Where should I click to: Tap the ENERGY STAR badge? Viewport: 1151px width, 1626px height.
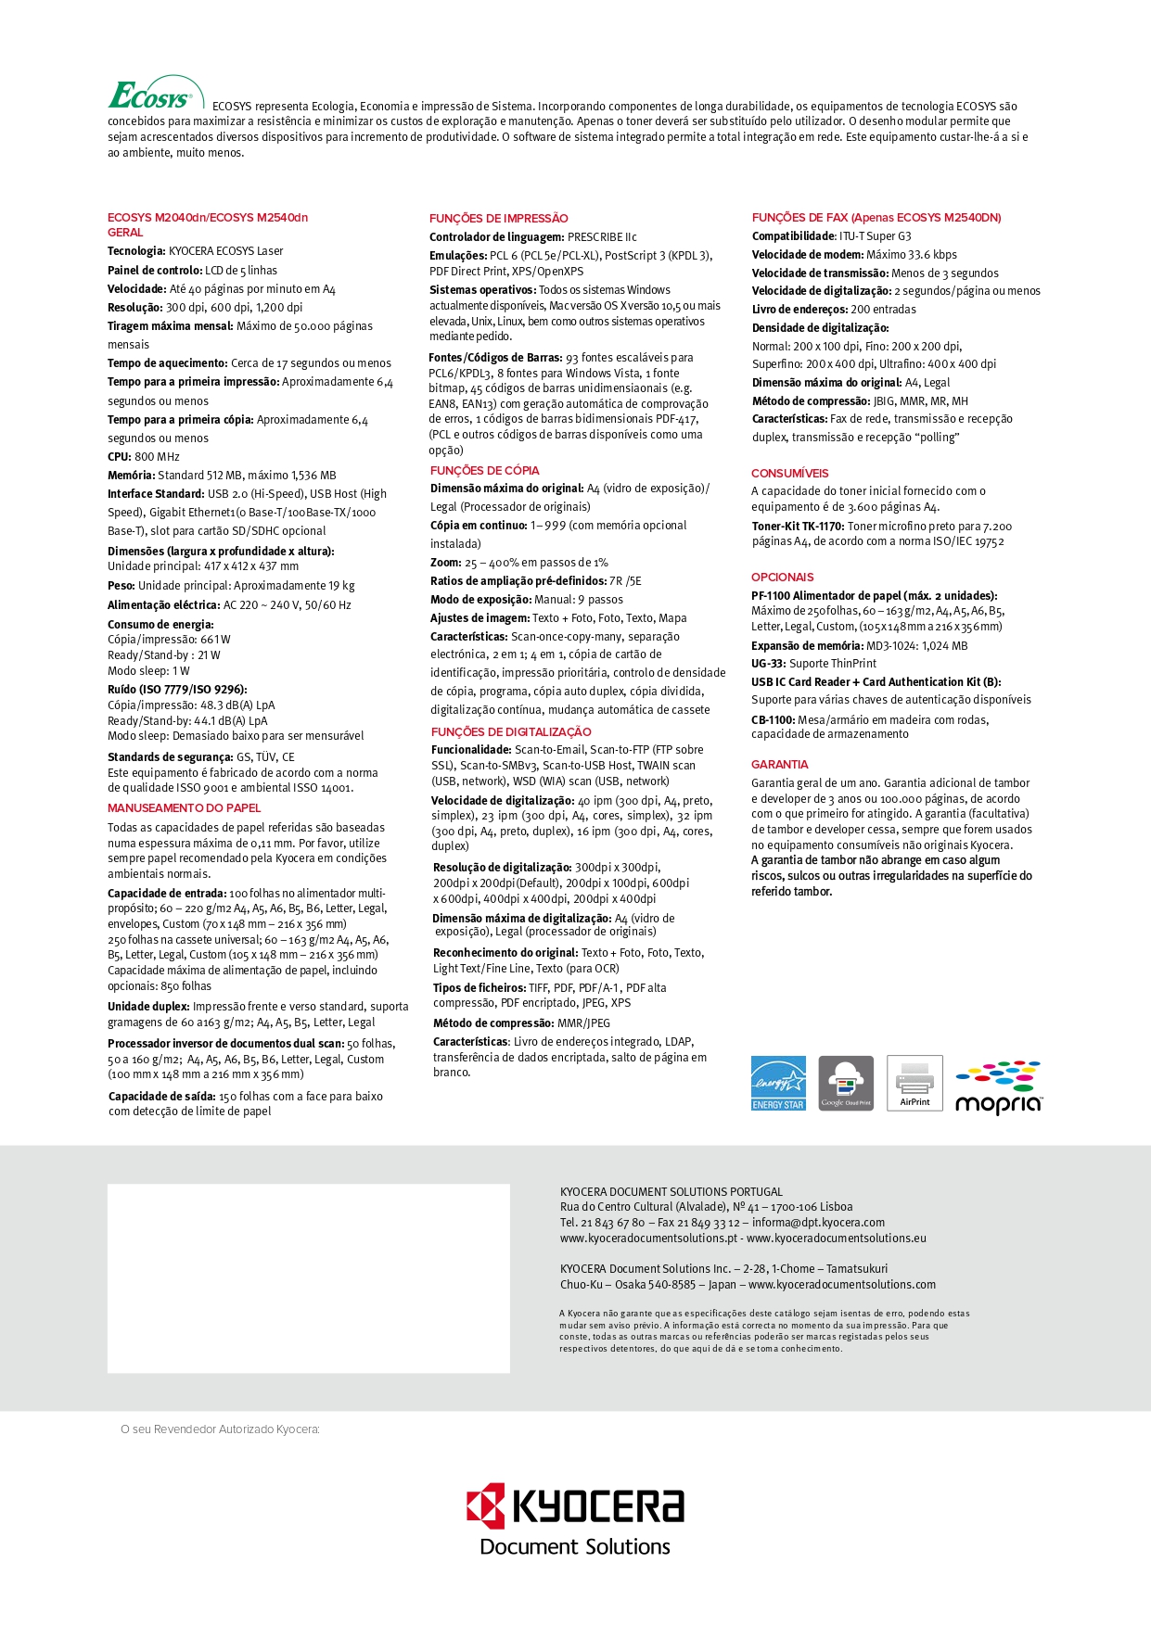pos(778,1083)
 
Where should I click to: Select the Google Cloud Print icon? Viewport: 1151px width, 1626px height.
pos(846,1083)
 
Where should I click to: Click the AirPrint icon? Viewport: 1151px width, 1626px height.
pos(914,1083)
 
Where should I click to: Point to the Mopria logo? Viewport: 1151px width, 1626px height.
pos(999,1087)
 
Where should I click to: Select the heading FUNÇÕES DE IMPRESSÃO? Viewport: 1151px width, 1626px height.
pos(498,219)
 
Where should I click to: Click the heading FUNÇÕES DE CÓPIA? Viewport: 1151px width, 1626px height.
pos(484,471)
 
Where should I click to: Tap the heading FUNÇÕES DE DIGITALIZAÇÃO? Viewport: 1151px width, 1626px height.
pos(510,732)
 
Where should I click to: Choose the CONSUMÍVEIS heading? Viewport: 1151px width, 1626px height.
pos(789,474)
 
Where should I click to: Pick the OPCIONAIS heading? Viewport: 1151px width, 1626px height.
pos(782,578)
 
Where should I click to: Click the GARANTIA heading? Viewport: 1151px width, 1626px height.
pos(779,765)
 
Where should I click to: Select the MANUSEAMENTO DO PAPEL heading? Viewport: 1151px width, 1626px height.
pos(184,808)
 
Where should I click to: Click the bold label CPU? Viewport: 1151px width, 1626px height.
pos(120,457)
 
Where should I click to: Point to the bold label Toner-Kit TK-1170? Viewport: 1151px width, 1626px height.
pos(798,527)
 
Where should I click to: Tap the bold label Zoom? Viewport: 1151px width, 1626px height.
pos(445,563)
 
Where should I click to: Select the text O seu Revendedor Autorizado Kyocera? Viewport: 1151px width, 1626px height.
pos(220,1429)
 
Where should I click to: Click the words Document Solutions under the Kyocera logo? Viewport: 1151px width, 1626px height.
pos(575,1547)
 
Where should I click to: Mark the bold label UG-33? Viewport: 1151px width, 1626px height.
pos(768,664)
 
